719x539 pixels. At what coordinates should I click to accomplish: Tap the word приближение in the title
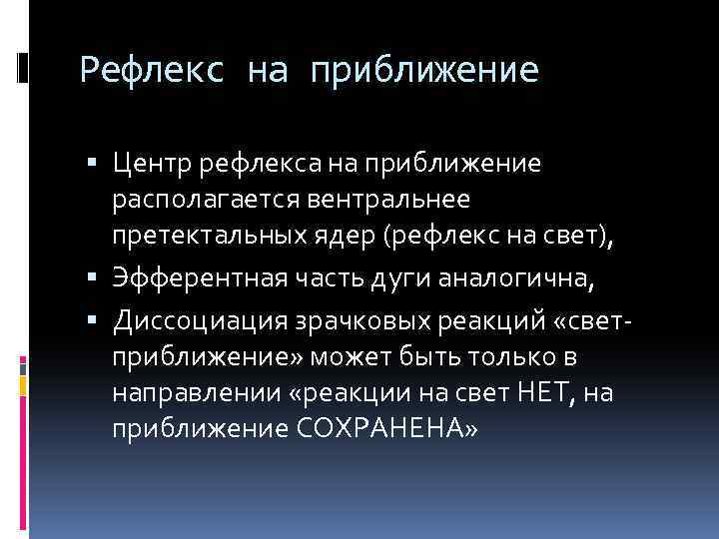[424, 70]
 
